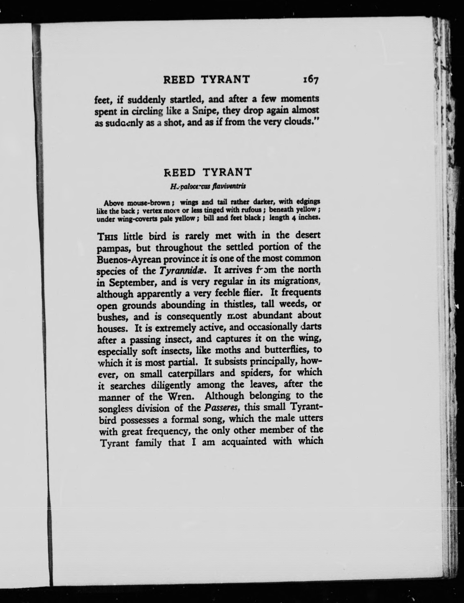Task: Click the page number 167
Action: point(311,80)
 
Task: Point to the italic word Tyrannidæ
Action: point(183,271)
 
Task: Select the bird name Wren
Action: point(182,396)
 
